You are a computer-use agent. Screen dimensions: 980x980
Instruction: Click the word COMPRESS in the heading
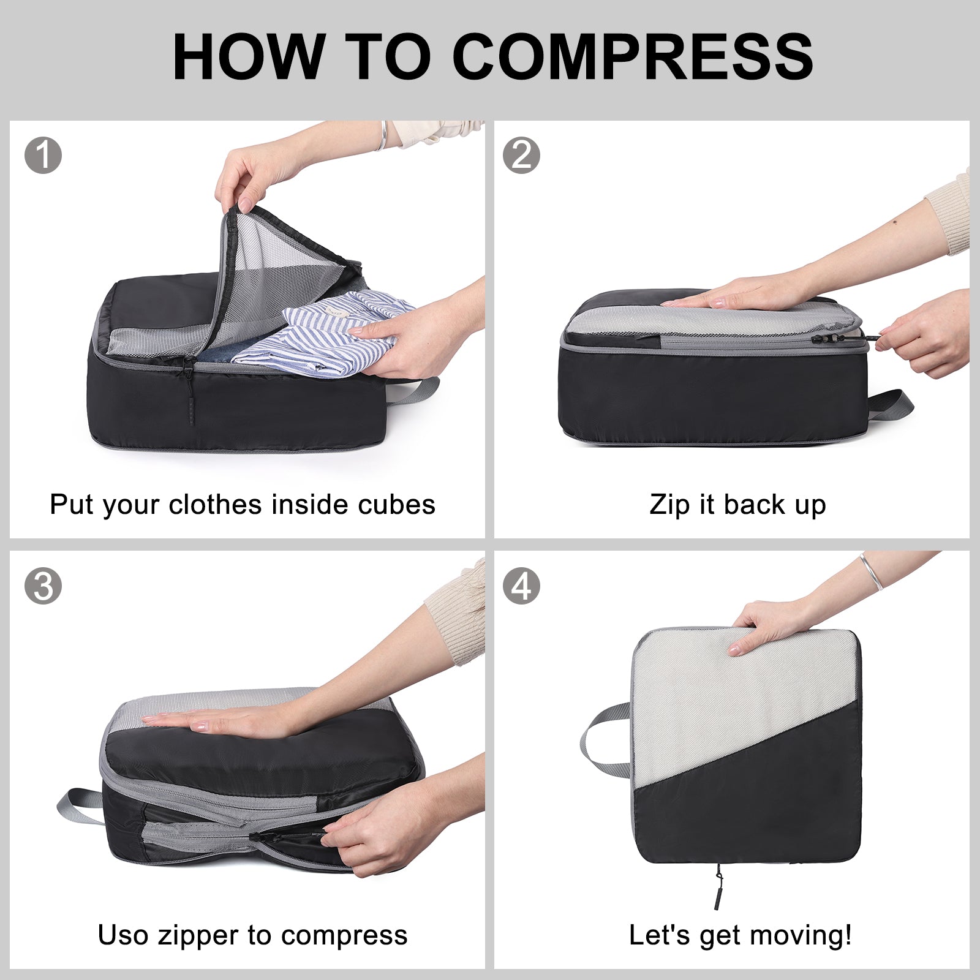pos(635,56)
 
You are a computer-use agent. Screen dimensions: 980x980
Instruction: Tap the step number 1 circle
pos(43,155)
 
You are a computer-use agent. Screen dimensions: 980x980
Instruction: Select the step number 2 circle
pos(521,155)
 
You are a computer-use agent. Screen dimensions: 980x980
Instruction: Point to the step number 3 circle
pos(43,586)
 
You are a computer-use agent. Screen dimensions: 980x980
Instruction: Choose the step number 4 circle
pos(521,586)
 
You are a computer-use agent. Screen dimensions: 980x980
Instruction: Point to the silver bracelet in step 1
pos(383,136)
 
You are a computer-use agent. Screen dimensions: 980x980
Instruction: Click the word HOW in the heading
pos(249,56)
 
